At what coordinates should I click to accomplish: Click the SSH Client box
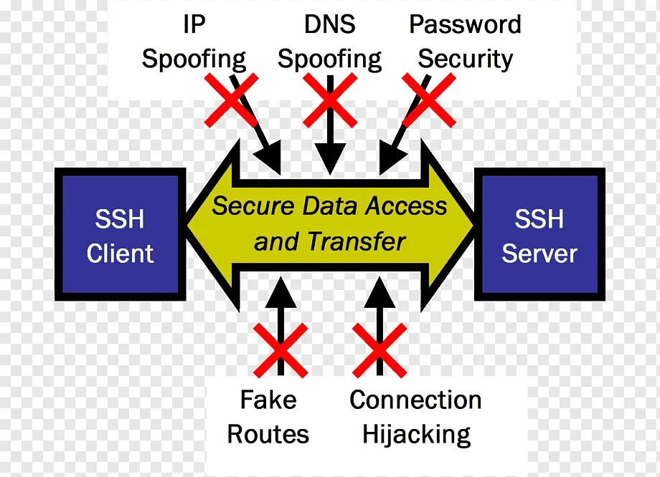[120, 234]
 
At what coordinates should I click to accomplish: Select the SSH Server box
[539, 234]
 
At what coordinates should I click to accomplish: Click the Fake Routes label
[268, 416]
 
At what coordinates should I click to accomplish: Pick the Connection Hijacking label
[415, 416]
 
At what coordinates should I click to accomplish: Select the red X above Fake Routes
[280, 349]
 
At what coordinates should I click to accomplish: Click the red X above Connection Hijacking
[379, 349]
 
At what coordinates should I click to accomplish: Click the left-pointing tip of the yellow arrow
[192, 224]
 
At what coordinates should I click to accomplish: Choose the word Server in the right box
[539, 253]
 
